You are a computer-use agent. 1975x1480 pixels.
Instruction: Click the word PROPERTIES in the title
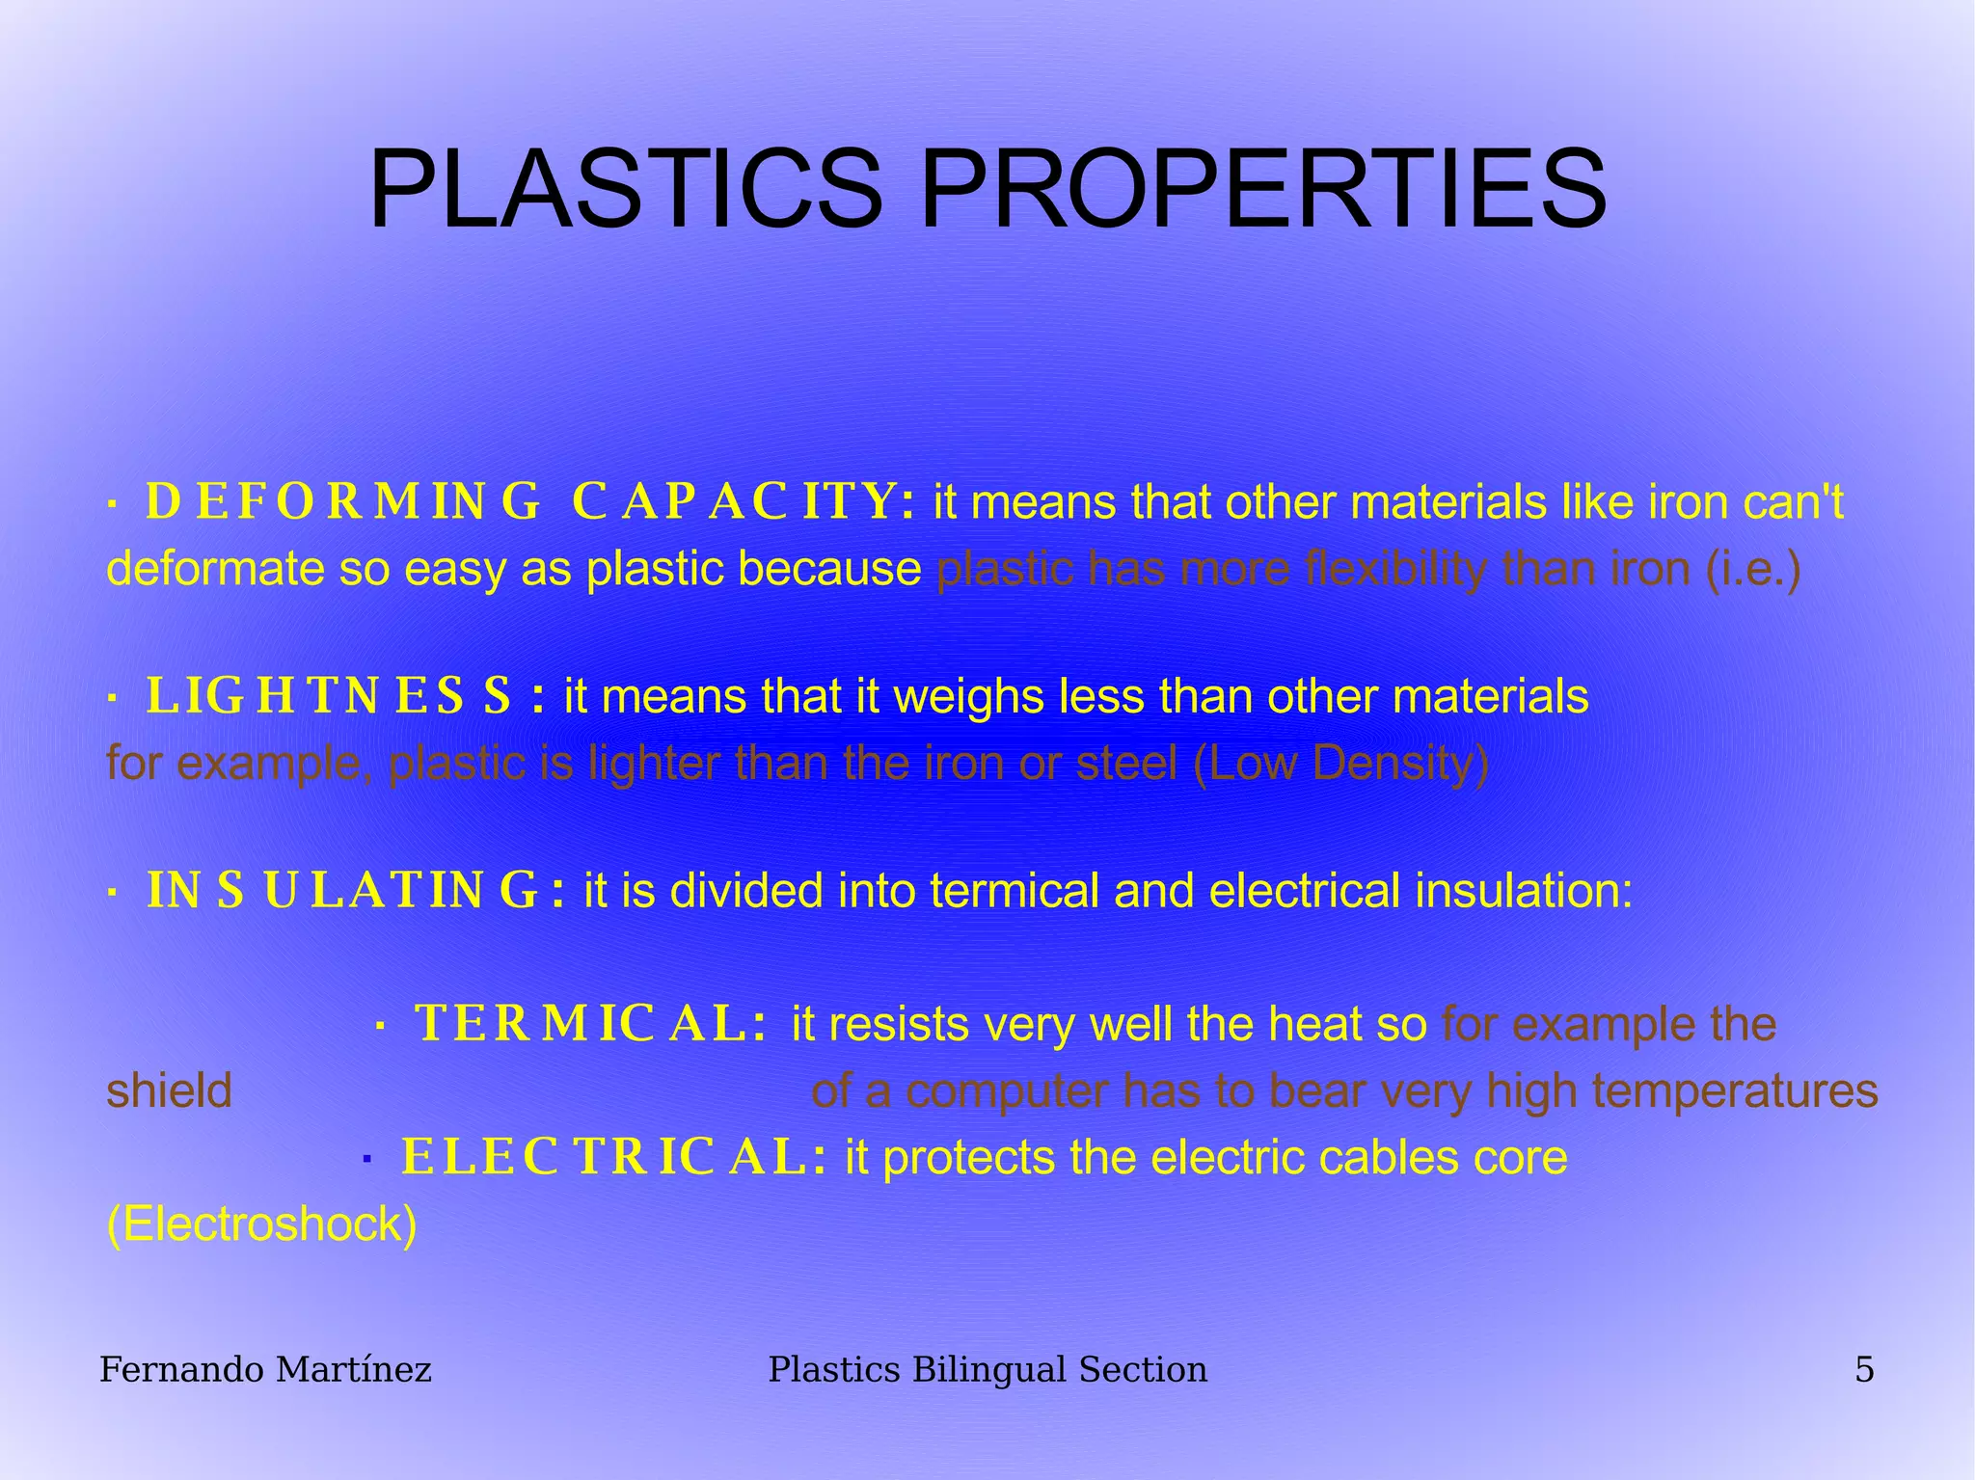pyautogui.click(x=1263, y=189)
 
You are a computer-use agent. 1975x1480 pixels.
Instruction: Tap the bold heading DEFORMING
pyautogui.click(x=342, y=502)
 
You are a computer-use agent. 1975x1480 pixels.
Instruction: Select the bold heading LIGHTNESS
pyautogui.click(x=328, y=696)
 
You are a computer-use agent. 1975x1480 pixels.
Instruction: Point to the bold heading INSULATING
pyautogui.click(x=341, y=890)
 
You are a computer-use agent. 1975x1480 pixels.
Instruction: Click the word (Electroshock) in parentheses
pyautogui.click(x=261, y=1224)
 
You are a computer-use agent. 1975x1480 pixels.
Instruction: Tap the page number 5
pyautogui.click(x=1864, y=1369)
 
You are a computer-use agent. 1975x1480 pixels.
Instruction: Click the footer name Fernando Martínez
pyautogui.click(x=265, y=1369)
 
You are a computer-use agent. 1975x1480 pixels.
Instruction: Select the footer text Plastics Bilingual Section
pyautogui.click(x=987, y=1369)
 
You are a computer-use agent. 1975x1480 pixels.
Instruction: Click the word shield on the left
pyautogui.click(x=169, y=1091)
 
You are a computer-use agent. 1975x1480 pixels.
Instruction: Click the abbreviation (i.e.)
pyautogui.click(x=1753, y=569)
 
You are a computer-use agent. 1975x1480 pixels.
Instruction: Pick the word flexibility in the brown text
pyautogui.click(x=1394, y=569)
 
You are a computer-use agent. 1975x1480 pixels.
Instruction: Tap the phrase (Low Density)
pyautogui.click(x=1341, y=764)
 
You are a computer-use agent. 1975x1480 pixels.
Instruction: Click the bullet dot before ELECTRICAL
pyautogui.click(x=366, y=1159)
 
